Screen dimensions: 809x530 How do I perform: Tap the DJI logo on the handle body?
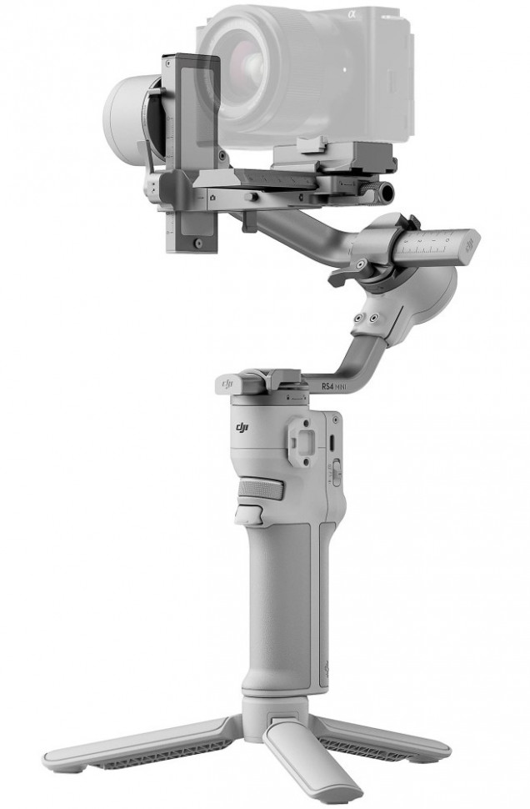(242, 429)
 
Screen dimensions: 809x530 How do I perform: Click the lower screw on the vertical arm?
(197, 244)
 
